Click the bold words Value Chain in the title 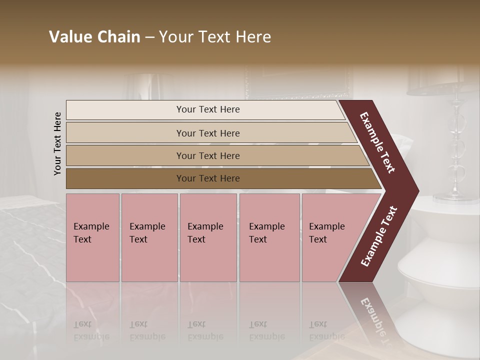[94, 37]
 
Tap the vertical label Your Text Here [58, 143]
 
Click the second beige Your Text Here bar [208, 133]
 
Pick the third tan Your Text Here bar [208, 155]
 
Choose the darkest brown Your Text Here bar [208, 178]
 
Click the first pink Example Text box [92, 237]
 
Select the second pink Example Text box [149, 237]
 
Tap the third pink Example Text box [208, 237]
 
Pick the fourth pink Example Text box [269, 237]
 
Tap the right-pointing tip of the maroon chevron [415, 191]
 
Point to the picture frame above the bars [298, 82]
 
